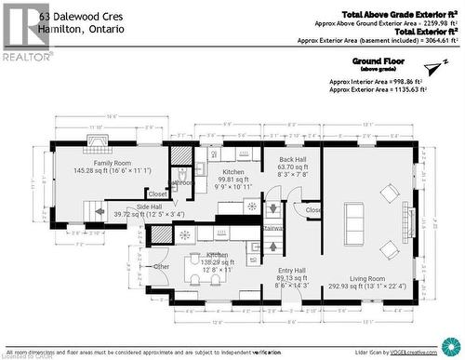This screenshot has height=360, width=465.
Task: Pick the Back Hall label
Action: click(293, 160)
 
